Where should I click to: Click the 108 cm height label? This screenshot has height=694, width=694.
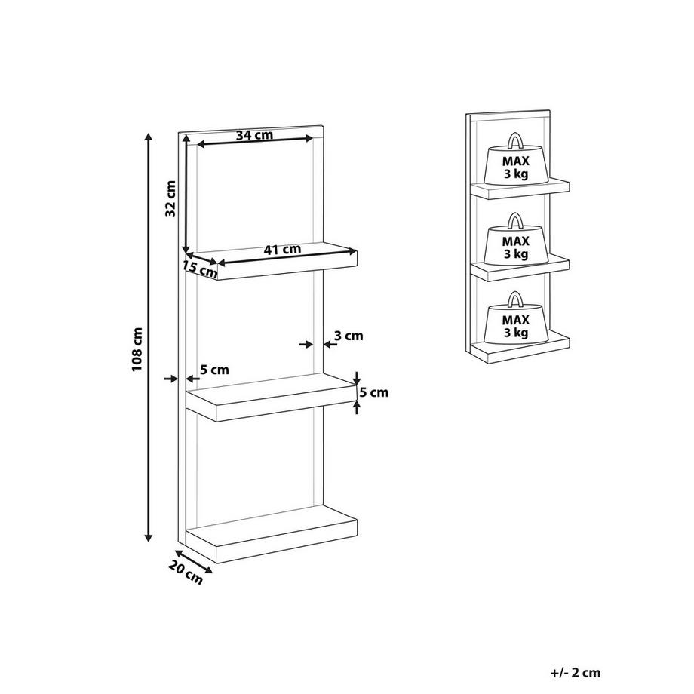click(x=137, y=349)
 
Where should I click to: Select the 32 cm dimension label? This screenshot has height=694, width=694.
click(x=170, y=198)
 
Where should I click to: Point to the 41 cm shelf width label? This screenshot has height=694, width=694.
click(x=282, y=250)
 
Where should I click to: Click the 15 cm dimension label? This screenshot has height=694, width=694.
click(x=200, y=269)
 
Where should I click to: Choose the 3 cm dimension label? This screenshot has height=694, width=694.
click(x=349, y=336)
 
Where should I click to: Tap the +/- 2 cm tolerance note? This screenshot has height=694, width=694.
click(x=576, y=673)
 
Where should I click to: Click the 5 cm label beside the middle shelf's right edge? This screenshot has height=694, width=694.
click(x=374, y=392)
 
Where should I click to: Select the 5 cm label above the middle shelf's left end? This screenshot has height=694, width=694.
click(x=214, y=370)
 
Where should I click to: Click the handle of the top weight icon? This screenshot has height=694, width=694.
click(x=515, y=140)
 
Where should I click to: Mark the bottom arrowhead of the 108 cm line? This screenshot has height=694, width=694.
click(x=149, y=538)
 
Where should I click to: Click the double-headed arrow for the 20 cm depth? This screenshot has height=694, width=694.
click(x=194, y=561)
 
